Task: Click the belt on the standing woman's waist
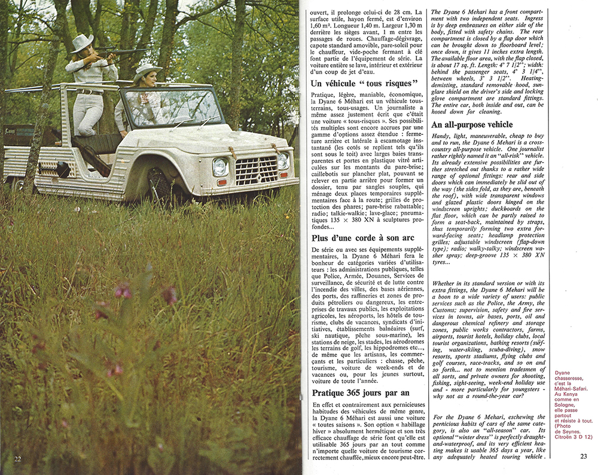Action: [90, 92]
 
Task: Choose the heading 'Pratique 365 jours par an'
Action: [361, 393]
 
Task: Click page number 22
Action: [18, 458]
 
